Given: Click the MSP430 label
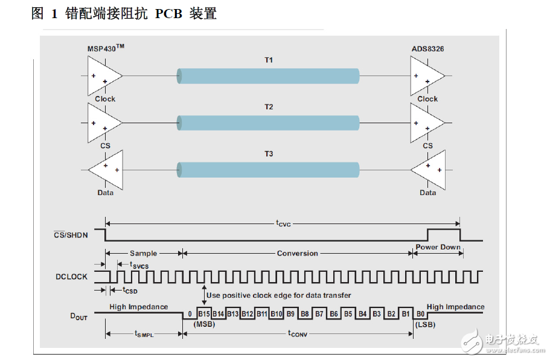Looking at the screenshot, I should [106, 48].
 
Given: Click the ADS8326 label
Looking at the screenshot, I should [427, 48].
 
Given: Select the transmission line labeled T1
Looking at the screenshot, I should [269, 76].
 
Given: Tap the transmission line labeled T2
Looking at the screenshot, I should [269, 123].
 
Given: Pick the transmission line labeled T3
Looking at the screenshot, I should [269, 169].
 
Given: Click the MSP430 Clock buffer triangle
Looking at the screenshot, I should [103, 76].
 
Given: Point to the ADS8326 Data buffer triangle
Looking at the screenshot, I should [429, 169].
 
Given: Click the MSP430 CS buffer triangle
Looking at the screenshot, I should [103, 123].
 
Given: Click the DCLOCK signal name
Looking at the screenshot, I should [71, 277].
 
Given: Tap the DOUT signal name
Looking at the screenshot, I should [79, 314].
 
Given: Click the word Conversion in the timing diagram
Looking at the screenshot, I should [297, 253].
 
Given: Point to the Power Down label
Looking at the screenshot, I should [438, 247].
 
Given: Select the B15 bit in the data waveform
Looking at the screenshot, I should [203, 313].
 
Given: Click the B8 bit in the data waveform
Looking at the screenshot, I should [304, 313].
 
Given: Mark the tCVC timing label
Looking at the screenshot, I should [283, 223].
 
